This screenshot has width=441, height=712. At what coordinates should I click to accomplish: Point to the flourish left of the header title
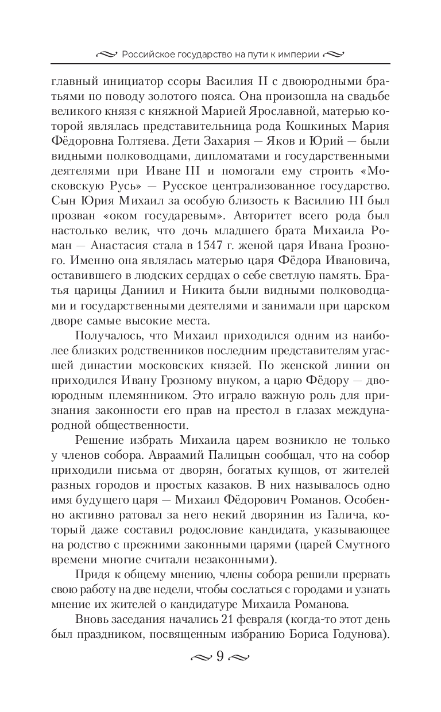107,55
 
